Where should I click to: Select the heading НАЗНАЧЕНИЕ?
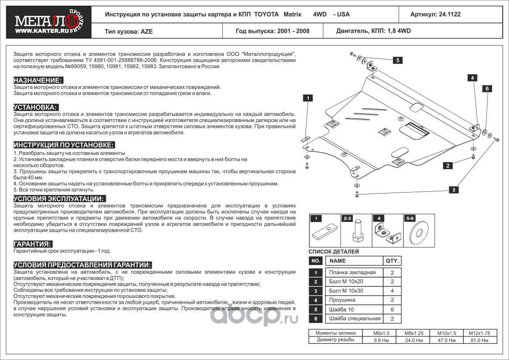(38, 80)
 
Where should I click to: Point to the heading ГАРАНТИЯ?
(32, 243)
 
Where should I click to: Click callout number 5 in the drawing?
(398, 60)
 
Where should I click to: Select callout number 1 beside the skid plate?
(308, 98)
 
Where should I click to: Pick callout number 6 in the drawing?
(486, 89)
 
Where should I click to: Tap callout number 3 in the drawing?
(454, 190)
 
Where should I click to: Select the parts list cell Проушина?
(342, 300)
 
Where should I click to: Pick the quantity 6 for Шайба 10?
(392, 309)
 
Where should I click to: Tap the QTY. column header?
(392, 261)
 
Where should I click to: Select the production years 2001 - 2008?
(292, 31)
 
